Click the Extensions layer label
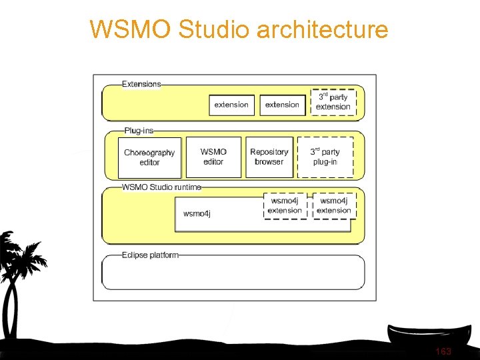click(141, 84)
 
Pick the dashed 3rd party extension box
click(333, 102)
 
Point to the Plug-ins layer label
click(139, 131)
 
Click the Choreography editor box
click(149, 157)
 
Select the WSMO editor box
click(213, 157)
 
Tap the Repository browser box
click(269, 157)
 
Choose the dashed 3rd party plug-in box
click(325, 157)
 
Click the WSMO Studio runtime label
click(161, 187)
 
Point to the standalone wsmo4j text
click(197, 213)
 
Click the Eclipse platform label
click(150, 255)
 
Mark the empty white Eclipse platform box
click(233, 273)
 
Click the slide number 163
click(443, 351)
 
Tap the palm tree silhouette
click(17, 273)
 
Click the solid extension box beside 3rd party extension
click(282, 105)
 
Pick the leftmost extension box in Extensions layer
click(231, 105)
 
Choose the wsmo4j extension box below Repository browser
click(285, 205)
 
